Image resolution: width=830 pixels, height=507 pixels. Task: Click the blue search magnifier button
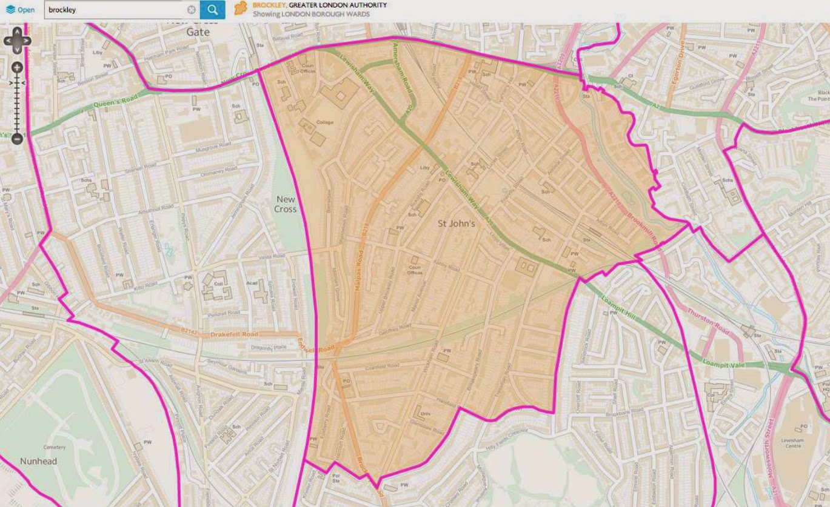(212, 10)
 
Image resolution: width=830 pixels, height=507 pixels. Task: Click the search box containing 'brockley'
(115, 10)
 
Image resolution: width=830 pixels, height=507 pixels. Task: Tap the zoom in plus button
(17, 67)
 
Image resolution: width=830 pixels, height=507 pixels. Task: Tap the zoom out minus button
(17, 139)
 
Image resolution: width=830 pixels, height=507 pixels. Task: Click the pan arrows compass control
(17, 41)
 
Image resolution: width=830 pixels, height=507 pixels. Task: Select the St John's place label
(455, 224)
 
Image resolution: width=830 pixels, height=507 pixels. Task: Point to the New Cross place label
(286, 204)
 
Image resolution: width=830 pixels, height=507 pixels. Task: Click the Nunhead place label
(38, 461)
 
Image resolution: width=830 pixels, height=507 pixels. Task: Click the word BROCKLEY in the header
(268, 5)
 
